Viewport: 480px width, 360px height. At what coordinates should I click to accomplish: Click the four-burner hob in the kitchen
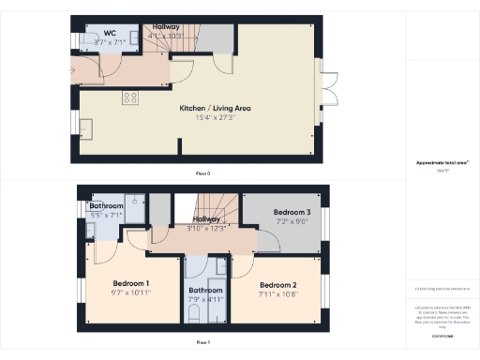[130, 96]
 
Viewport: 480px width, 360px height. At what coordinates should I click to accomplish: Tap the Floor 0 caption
[202, 173]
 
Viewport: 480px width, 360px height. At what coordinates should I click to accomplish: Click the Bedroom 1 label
[131, 283]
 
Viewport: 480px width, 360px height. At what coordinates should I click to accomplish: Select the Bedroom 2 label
[277, 284]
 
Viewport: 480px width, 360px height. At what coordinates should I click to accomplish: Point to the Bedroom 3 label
[292, 213]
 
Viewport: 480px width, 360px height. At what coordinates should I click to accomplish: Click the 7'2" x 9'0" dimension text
[292, 222]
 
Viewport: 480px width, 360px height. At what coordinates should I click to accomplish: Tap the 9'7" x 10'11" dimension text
[131, 293]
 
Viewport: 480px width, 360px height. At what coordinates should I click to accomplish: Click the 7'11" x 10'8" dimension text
[277, 294]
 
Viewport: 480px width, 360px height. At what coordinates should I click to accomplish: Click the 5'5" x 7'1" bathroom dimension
[106, 216]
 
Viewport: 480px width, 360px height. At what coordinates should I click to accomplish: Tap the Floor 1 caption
[202, 343]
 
